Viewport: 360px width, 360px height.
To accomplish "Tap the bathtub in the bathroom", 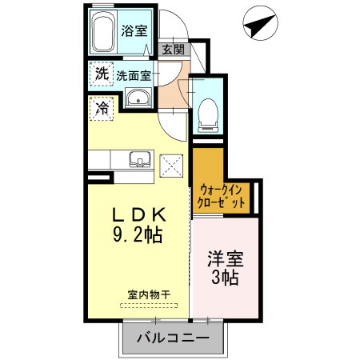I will pyautogui.click(x=102, y=34).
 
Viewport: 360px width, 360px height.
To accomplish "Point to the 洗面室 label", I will pyautogui.click(x=133, y=77).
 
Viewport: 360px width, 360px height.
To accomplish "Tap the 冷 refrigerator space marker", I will pyautogui.click(x=102, y=107).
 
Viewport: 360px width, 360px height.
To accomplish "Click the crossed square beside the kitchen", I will pyautogui.click(x=172, y=165).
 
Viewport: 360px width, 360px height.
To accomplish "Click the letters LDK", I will pyautogui.click(x=138, y=215).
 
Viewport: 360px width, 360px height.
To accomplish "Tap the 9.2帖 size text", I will pyautogui.click(x=138, y=236).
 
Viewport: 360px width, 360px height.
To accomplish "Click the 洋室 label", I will pyautogui.click(x=225, y=260).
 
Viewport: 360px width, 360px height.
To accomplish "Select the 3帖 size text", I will pyautogui.click(x=225, y=278).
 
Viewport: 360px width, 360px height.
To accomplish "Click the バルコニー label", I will pyautogui.click(x=170, y=338).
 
